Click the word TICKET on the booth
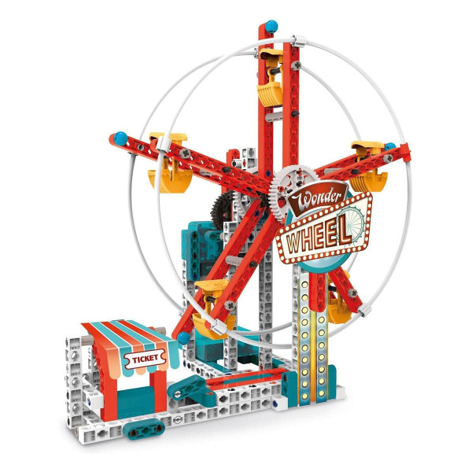(x=145, y=359)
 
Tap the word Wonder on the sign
(x=315, y=198)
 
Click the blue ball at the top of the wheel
(x=271, y=26)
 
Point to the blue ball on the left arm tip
(x=120, y=138)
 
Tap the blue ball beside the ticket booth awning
(x=183, y=337)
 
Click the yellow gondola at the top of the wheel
(x=270, y=78)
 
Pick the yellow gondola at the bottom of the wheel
(x=213, y=310)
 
